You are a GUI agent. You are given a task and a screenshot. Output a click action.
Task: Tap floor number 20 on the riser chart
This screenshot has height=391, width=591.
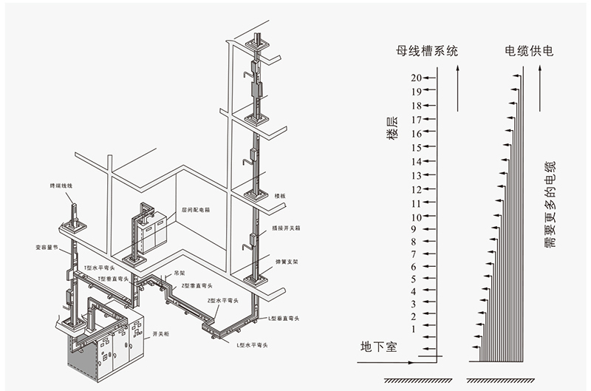point(417,78)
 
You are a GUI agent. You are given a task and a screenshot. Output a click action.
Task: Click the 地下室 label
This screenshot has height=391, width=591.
point(378,346)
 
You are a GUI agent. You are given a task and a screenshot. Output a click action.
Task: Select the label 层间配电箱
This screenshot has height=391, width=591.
point(196,209)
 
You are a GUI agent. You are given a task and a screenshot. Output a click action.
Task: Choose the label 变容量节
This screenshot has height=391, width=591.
point(46,248)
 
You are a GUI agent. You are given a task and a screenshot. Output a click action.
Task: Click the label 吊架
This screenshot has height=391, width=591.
point(179,273)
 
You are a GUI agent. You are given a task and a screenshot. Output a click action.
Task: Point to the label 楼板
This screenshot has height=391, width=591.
point(280,196)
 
